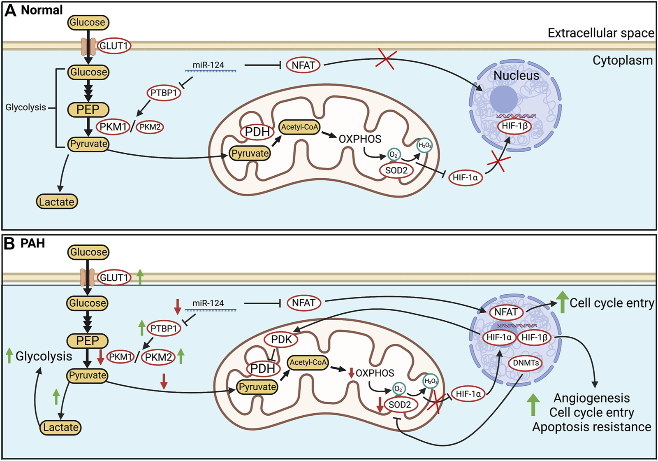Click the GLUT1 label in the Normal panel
pos(114,46)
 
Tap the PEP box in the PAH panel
pos(88,341)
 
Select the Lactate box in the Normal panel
pos(57,202)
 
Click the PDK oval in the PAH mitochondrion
pos(281,340)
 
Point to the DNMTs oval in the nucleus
pos(526,363)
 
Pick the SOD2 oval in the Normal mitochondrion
pos(396,170)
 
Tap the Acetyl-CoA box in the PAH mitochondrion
pos(308,362)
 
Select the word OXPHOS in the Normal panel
pos(360,139)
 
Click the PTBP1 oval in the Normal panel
pos(164,93)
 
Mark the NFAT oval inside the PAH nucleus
pos(506,312)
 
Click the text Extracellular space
pos(601,33)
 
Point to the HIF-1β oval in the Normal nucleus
pos(514,126)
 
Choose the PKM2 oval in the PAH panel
pos(158,357)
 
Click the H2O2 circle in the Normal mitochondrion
pos(424,145)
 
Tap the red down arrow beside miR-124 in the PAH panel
pos(178,306)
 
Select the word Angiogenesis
pos(591,398)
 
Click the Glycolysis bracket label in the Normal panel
pos(25,107)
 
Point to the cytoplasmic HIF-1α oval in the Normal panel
pos(465,178)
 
